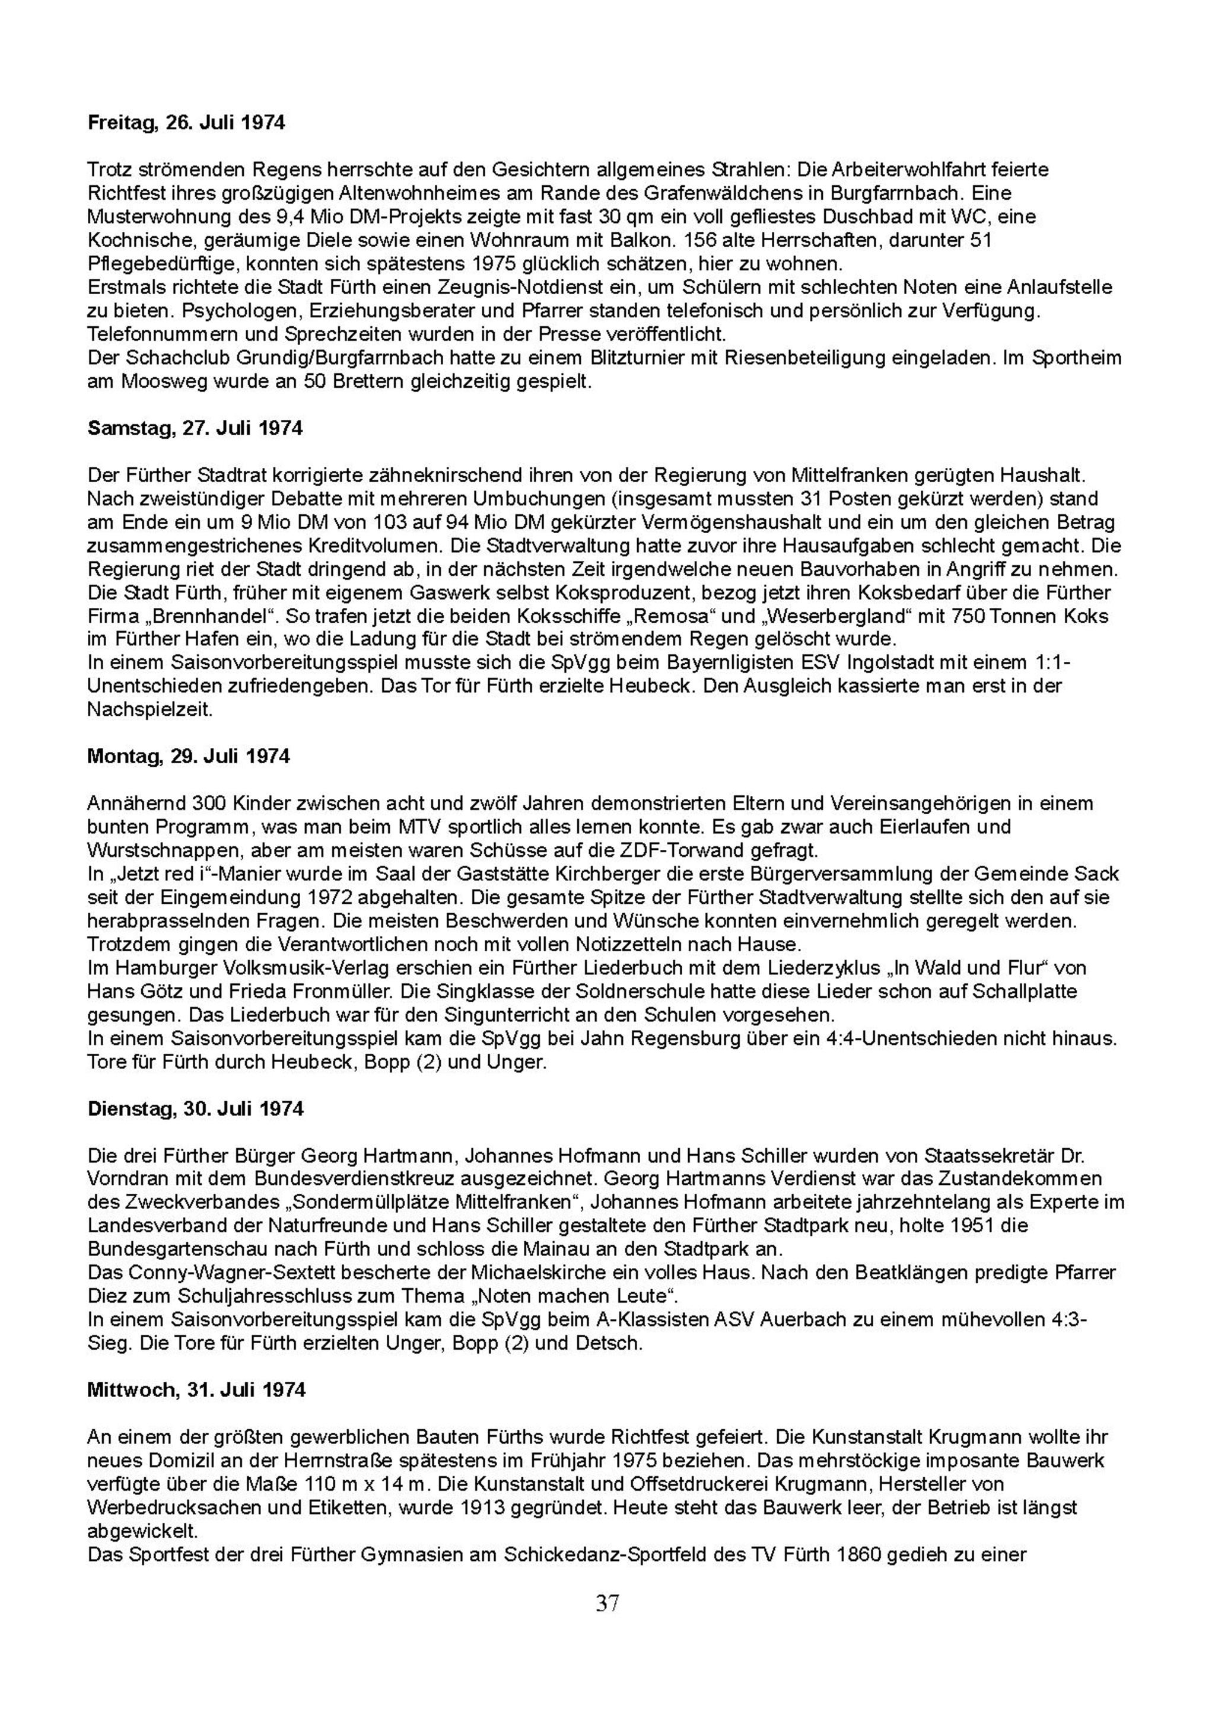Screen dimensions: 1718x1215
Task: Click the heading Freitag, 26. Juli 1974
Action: coord(186,123)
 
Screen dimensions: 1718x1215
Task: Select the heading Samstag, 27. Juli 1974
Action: coord(195,428)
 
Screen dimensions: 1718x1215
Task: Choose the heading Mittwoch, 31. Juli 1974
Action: coord(196,1389)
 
